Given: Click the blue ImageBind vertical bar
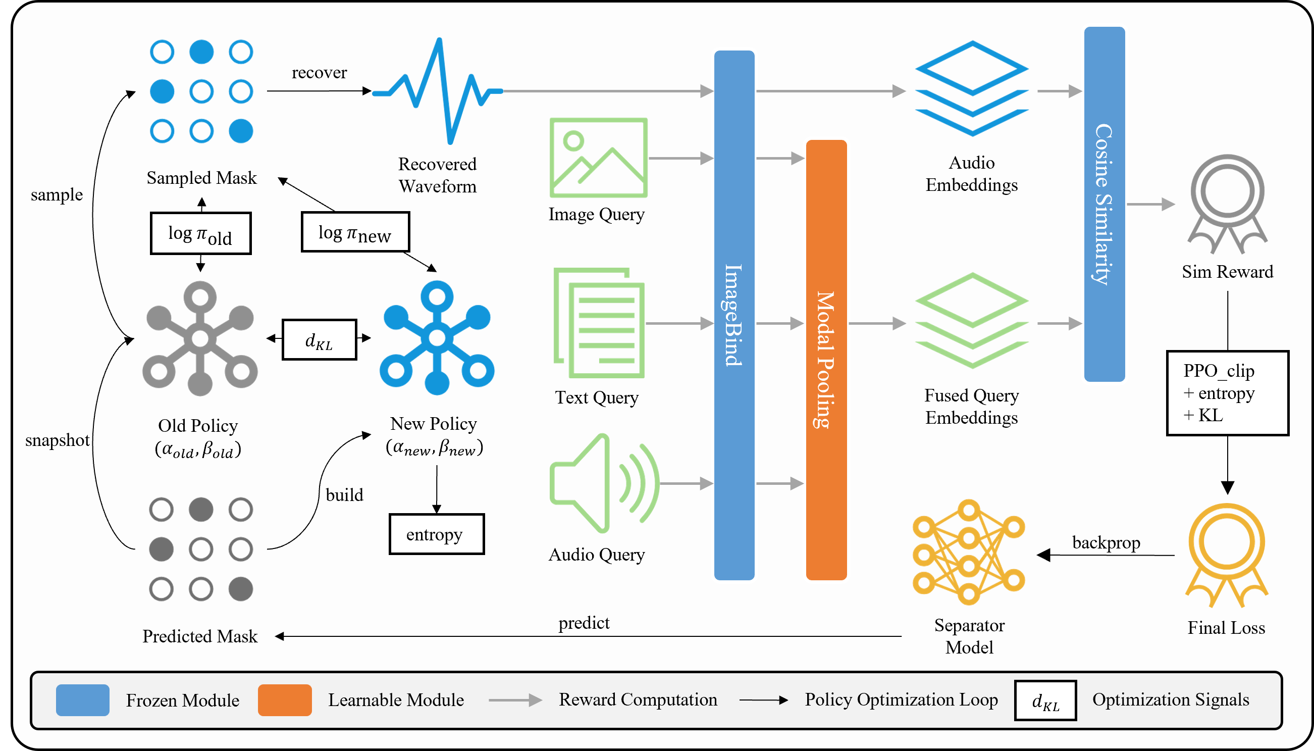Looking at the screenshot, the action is [x=733, y=315].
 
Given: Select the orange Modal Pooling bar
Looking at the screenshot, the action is [x=826, y=360].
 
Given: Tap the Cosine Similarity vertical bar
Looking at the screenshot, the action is [x=1103, y=204].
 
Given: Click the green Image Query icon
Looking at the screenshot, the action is [x=598, y=157].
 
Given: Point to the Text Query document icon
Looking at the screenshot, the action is [x=599, y=323].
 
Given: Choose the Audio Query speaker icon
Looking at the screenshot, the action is [x=603, y=483].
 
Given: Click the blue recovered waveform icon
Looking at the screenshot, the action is [x=437, y=91].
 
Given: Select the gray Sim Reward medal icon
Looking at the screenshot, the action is [x=1227, y=204].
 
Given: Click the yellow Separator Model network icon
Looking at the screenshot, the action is [x=968, y=552].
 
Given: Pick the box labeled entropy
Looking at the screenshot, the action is [x=436, y=534].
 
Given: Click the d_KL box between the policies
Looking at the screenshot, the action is [x=319, y=339].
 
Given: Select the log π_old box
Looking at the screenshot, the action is [x=200, y=233].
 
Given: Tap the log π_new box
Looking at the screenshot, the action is [x=355, y=232].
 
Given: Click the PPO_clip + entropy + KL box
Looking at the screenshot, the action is [x=1227, y=393].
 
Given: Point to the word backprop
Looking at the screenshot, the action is [x=1106, y=542].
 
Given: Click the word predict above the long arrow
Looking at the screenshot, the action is [x=584, y=623].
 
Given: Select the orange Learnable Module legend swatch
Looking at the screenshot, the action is [x=285, y=700].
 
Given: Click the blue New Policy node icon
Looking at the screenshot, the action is [x=437, y=338].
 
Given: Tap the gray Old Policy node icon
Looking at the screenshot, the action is [x=200, y=338].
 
